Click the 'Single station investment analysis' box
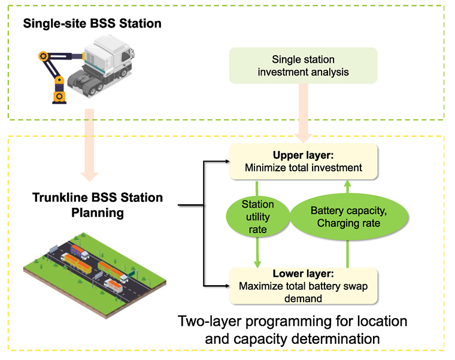(303, 66)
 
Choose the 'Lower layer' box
(303, 285)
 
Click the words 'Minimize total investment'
(304, 168)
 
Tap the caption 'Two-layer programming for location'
(293, 321)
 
